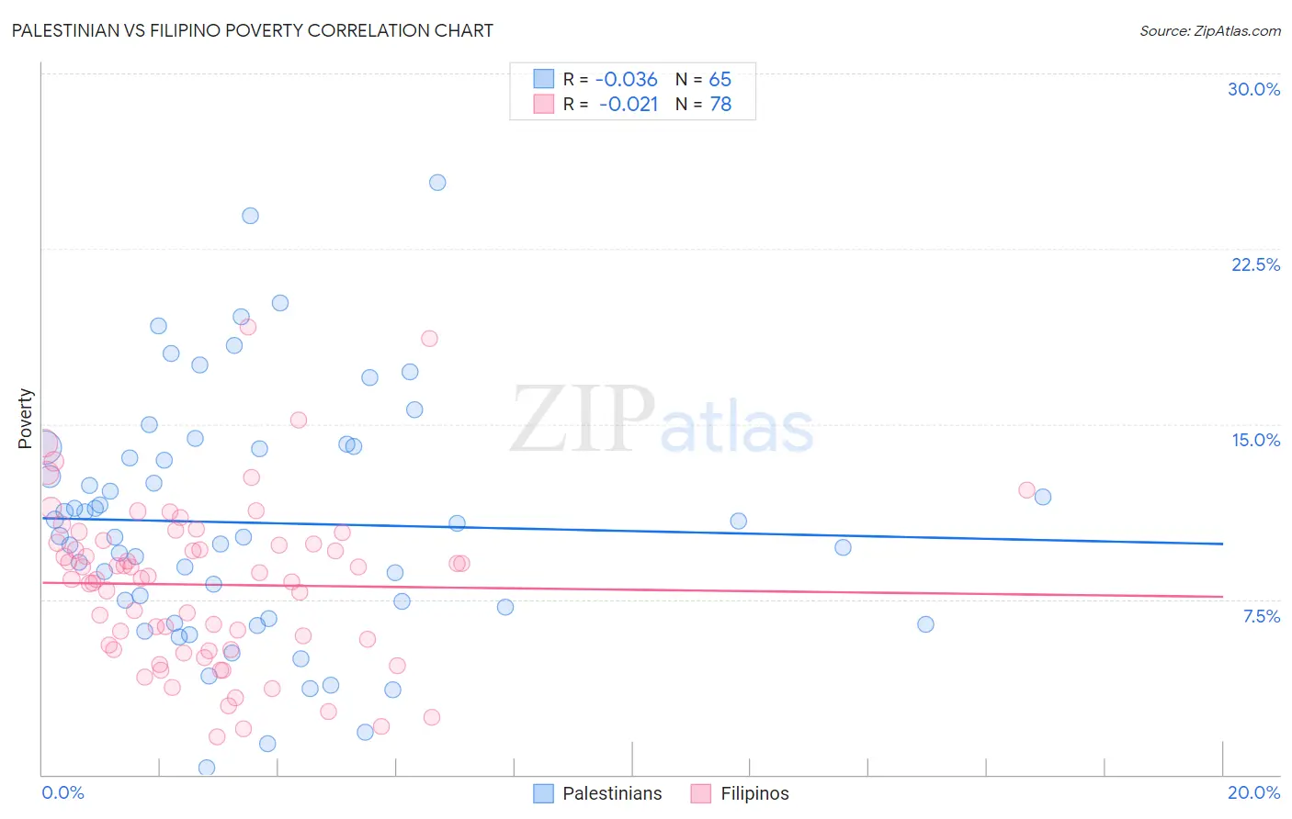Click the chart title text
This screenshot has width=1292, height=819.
pos(252,30)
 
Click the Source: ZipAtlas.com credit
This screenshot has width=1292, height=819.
pos(1209,30)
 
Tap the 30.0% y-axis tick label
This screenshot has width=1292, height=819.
pos(1253,89)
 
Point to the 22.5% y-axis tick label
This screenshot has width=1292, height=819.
pos(1255,264)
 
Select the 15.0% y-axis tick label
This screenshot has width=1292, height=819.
pos(1255,440)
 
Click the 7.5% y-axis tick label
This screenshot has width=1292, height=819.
pos(1261,616)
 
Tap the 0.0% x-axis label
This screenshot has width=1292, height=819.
pos(62,792)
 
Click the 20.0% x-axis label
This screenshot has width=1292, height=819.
pos(1253,792)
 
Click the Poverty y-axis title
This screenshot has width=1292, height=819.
pos(25,419)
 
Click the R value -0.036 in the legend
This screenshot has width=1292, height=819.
pos(626,80)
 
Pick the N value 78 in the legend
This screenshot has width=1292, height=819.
pos(720,105)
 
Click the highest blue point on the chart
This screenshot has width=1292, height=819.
pos(437,183)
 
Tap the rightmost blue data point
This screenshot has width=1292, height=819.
pos(1042,497)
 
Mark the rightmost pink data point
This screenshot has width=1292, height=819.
pos(1026,490)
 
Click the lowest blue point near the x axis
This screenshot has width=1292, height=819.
pos(207,767)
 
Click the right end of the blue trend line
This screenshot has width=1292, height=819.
pos(1222,544)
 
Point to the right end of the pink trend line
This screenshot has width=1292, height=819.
pos(1222,597)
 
